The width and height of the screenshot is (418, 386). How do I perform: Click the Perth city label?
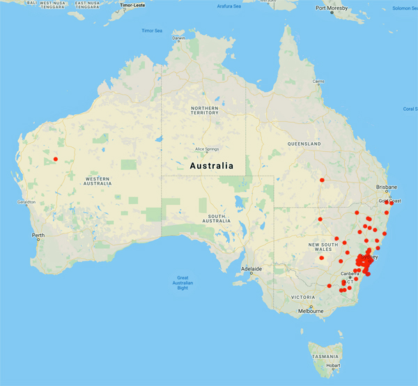coord(38,236)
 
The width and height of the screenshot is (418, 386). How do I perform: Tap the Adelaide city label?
coord(251,268)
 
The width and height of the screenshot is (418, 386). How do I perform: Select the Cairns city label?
coord(318,82)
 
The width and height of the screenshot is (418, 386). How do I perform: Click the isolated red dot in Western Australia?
coord(55,160)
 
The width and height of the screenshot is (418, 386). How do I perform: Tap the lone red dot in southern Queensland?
coord(322,180)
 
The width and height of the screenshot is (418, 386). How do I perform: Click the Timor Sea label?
coord(152,31)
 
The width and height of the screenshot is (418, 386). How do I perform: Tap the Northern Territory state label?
coord(204,112)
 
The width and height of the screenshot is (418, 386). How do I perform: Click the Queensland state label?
coord(303,144)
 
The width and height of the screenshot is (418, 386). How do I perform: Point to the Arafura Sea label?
coord(227,6)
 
